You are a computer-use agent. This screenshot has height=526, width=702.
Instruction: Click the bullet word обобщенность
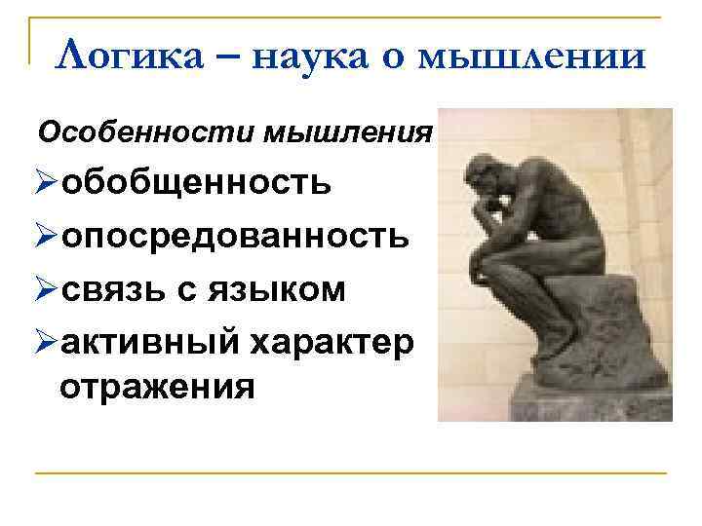195,181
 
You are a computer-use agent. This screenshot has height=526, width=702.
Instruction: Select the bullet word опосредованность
235,236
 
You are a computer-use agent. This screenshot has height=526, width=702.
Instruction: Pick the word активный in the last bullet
150,343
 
